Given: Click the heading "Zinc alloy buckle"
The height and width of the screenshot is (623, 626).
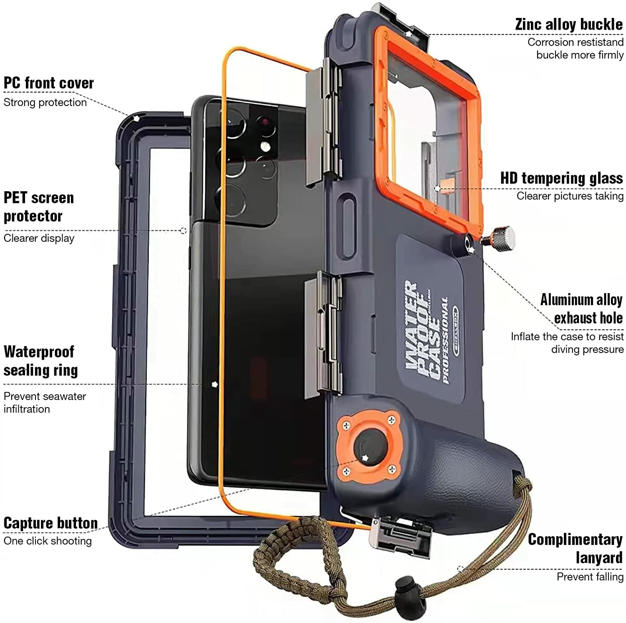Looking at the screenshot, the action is pos(569,25).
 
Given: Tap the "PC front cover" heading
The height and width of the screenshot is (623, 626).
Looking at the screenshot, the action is pos(49,83).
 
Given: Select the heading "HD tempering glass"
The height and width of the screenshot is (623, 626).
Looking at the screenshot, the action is pos(561,178).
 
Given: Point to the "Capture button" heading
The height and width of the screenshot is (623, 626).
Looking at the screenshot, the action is pos(50,523).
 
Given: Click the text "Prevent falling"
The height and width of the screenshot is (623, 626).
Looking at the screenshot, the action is pos(590,577).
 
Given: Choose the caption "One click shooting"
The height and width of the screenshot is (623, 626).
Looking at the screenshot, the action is pos(48,541).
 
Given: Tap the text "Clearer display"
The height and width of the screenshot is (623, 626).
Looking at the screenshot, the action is pos(39,238).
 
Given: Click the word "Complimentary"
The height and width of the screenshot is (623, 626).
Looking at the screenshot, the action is pos(575,539).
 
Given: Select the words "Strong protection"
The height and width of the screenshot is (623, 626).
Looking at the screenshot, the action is pos(45,102).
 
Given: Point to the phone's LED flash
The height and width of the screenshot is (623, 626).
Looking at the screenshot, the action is pos(264,146).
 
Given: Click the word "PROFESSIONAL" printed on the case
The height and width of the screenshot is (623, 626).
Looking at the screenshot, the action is pos(445,340).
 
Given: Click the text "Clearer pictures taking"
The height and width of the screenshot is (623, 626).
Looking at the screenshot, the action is pos(570,196).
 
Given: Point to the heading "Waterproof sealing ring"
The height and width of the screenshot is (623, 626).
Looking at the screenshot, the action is pos(40,361).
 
